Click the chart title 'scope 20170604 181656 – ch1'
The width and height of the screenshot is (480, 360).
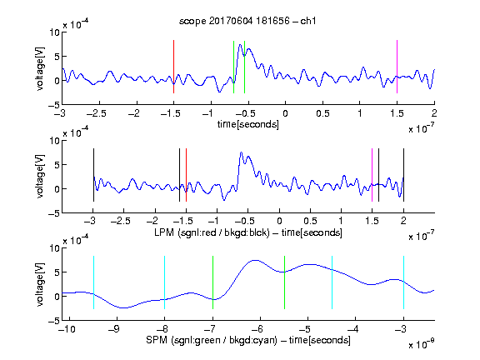click(x=247, y=21)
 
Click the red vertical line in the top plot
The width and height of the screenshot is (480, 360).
click(x=173, y=67)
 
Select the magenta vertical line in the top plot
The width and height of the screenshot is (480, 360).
click(x=397, y=67)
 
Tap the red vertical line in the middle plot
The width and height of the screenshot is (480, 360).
click(x=186, y=175)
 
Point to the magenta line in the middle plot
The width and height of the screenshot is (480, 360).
click(x=372, y=175)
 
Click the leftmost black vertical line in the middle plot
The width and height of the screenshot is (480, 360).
click(x=93, y=175)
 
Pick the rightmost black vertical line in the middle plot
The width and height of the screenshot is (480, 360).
click(x=403, y=175)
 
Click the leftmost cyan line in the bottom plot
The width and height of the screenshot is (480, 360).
click(x=93, y=282)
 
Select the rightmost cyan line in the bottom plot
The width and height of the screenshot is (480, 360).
click(x=403, y=282)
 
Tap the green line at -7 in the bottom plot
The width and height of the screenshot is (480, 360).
click(x=212, y=282)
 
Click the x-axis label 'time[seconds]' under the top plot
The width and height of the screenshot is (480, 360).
click(x=248, y=124)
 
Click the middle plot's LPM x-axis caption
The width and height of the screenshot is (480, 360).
click(x=248, y=232)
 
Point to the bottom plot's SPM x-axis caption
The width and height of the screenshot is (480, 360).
click(x=248, y=340)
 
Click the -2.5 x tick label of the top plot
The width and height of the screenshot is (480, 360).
click(x=97, y=113)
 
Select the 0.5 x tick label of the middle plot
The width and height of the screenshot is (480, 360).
click(x=310, y=221)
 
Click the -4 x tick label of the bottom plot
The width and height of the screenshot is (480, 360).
click(x=352, y=329)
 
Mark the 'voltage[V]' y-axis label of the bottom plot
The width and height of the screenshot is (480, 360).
click(x=40, y=284)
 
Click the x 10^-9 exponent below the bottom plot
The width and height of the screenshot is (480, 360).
click(x=421, y=344)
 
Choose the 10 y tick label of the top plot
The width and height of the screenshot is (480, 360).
click(x=55, y=32)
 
